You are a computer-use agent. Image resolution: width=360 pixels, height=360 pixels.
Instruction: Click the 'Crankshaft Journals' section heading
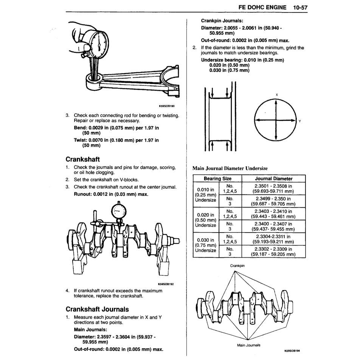click(97, 309)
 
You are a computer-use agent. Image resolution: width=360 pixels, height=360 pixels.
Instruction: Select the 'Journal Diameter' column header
click(273, 178)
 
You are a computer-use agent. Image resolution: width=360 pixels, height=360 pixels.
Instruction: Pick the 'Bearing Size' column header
click(217, 178)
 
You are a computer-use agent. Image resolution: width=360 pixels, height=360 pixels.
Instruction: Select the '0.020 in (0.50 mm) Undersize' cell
click(205, 220)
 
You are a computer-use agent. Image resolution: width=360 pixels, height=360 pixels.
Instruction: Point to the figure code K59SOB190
click(167, 106)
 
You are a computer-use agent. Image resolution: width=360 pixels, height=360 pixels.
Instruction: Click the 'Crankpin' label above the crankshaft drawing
click(237, 265)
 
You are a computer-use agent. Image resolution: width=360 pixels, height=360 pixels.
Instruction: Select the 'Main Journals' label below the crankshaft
click(248, 345)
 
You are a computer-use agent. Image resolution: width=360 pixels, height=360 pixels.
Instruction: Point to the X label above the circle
click(276, 95)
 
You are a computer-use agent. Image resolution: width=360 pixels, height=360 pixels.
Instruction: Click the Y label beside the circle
click(299, 121)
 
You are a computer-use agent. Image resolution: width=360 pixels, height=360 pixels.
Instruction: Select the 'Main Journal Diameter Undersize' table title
click(230, 168)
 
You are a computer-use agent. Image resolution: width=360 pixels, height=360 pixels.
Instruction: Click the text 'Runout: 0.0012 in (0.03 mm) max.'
click(111, 194)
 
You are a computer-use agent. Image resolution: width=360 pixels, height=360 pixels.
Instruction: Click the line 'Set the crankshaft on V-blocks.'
click(106, 180)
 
